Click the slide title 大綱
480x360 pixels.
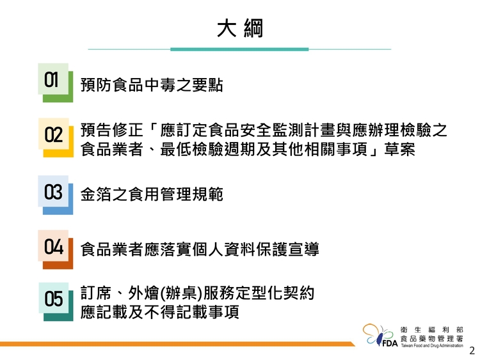click(x=240, y=28)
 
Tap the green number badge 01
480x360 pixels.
click(x=56, y=82)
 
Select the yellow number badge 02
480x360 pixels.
click(x=56, y=137)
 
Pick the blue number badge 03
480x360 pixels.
click(x=56, y=195)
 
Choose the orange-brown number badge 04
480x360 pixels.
click(x=56, y=249)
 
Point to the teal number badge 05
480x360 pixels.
click(x=56, y=302)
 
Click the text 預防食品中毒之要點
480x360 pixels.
click(x=152, y=84)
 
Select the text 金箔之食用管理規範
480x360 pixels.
click(x=152, y=194)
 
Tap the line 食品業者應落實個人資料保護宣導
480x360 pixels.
click(x=200, y=249)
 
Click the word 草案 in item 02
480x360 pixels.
click(x=399, y=149)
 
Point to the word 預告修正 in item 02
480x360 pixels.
click(x=112, y=130)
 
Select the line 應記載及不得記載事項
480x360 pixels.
click(x=160, y=312)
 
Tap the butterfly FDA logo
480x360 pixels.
click(x=380, y=335)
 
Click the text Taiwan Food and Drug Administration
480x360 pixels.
click(x=432, y=346)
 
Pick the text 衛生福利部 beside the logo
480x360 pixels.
click(x=432, y=330)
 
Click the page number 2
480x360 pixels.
click(x=472, y=350)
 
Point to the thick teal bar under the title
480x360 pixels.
click(x=239, y=49)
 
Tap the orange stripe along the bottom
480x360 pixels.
click(x=177, y=344)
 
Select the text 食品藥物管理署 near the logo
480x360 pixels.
click(x=432, y=339)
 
